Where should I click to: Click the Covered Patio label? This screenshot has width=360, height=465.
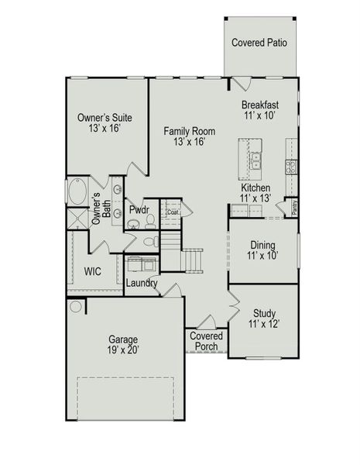pyautogui.click(x=259, y=43)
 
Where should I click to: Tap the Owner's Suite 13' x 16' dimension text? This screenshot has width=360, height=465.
pyautogui.click(x=105, y=128)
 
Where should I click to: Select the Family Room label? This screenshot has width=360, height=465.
pyautogui.click(x=190, y=131)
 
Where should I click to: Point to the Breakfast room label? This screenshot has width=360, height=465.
pyautogui.click(x=260, y=105)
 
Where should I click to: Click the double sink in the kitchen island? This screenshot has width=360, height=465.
pyautogui.click(x=255, y=160)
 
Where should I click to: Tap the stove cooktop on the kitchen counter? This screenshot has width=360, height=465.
pyautogui.click(x=291, y=167)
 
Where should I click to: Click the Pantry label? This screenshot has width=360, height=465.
pyautogui.click(x=294, y=208)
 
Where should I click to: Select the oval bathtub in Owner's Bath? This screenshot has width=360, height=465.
pyautogui.click(x=77, y=191)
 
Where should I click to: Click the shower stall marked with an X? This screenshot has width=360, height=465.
pyautogui.click(x=77, y=219)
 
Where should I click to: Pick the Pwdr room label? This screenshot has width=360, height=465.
pyautogui.click(x=139, y=210)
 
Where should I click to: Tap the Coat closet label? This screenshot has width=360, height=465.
pyautogui.click(x=173, y=212)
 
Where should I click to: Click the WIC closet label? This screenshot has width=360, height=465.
pyautogui.click(x=92, y=271)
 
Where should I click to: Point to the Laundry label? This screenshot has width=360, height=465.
pyautogui.click(x=142, y=283)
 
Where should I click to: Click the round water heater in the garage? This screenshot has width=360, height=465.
pyautogui.click(x=76, y=307)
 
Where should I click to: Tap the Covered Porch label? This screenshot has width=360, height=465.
pyautogui.click(x=206, y=341)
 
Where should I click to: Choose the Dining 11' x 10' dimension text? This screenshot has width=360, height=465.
pyautogui.click(x=262, y=255)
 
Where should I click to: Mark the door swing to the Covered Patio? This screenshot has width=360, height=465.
pyautogui.click(x=242, y=84)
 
